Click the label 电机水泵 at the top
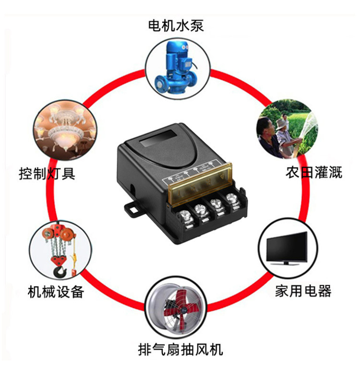pyautogui.click(x=176, y=24)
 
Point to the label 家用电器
pyautogui.click(x=303, y=290)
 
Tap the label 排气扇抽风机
pyautogui.click(x=180, y=349)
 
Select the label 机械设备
pyautogui.click(x=56, y=291)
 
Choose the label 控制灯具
pyautogui.click(x=47, y=173)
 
